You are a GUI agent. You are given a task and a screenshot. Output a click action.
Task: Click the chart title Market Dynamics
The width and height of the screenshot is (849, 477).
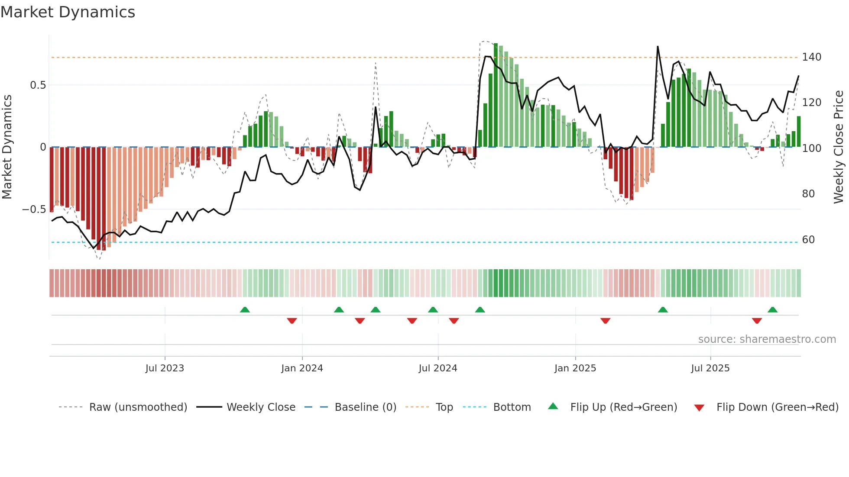click(68, 12)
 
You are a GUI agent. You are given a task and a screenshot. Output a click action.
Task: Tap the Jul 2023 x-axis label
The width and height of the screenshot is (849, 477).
click(165, 368)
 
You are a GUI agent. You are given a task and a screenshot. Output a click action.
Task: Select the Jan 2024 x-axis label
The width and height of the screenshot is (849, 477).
click(302, 368)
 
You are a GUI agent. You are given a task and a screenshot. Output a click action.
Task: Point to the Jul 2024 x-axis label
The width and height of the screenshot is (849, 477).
click(438, 368)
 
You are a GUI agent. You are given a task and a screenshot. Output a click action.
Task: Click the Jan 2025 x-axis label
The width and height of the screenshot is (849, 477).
click(575, 368)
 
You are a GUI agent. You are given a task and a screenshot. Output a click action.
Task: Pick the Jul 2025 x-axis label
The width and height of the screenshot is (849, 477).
click(710, 368)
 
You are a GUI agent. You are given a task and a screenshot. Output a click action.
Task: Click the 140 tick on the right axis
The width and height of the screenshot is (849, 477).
click(811, 57)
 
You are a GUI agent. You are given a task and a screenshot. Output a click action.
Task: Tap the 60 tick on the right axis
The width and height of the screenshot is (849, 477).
click(808, 240)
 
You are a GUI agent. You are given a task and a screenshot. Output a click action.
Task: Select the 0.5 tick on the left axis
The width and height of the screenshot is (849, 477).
click(38, 85)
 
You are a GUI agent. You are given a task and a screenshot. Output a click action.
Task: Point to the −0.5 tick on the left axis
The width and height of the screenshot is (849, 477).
click(34, 209)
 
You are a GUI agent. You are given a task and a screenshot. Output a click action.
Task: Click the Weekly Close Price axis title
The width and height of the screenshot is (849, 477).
click(839, 147)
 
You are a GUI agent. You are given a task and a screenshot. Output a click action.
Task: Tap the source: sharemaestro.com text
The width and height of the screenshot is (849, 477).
click(767, 339)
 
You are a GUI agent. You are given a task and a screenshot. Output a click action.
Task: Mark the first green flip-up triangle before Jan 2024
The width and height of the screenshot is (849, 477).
click(245, 309)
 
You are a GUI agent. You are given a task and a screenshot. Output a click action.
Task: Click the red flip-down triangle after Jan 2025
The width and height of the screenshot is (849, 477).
click(605, 321)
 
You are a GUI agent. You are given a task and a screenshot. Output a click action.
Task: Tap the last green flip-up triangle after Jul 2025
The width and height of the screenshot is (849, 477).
click(772, 309)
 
